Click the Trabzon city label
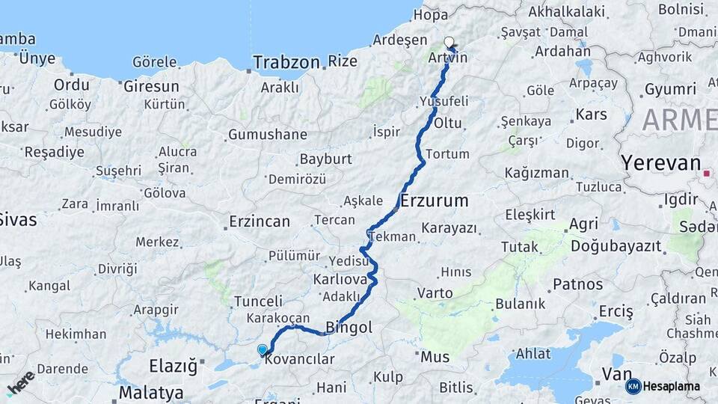286,62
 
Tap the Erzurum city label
435,201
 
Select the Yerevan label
660,164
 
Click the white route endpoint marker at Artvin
449,43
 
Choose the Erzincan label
259,221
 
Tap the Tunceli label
257,301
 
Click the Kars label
591,115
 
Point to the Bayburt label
325,159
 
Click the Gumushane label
267,135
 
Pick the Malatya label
151,392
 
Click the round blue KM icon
633,386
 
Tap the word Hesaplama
672,386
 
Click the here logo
21,383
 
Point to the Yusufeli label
444,101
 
